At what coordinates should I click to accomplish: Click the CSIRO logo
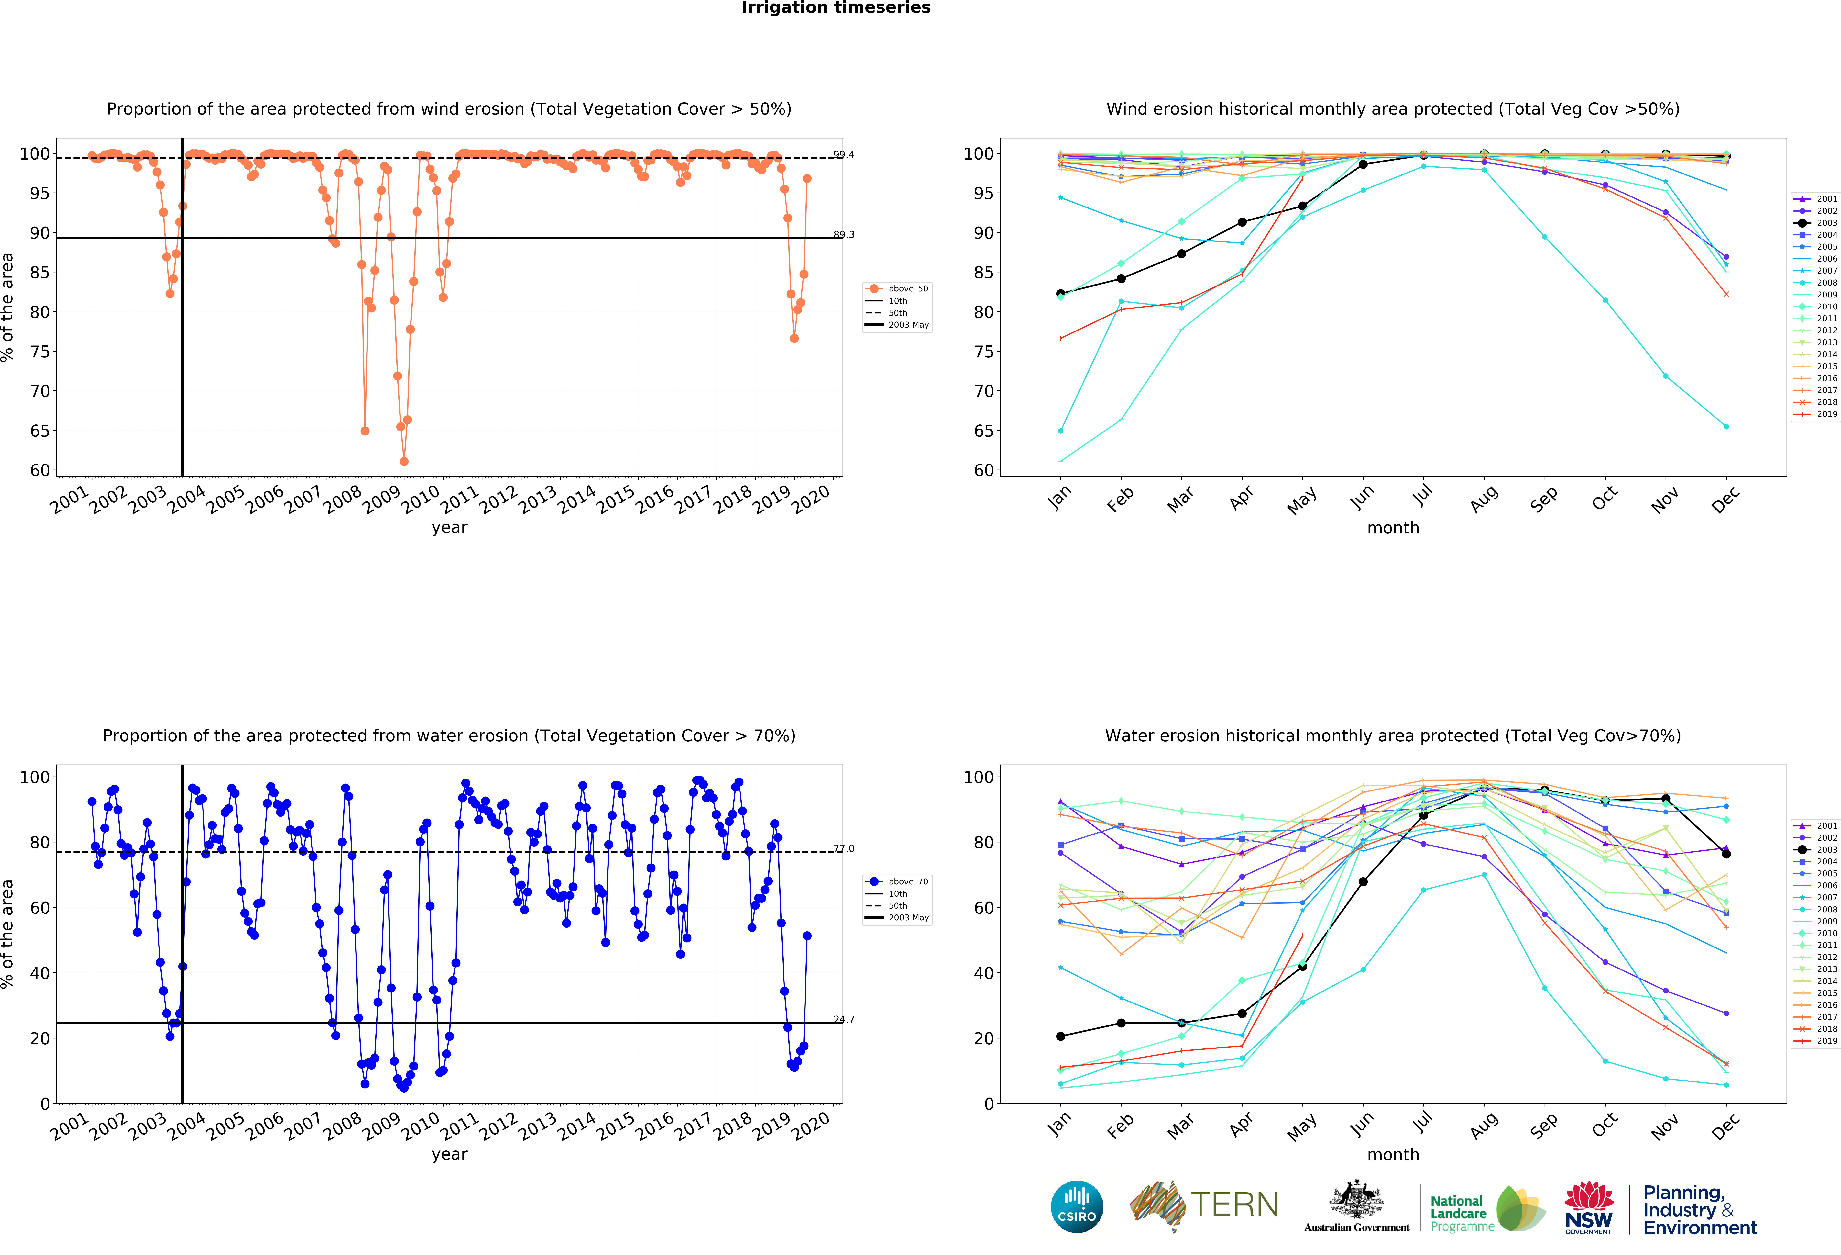(1077, 1207)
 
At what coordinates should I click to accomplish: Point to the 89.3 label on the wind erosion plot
(844, 235)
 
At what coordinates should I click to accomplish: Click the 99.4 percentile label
(844, 154)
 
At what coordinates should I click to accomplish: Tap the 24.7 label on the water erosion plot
(844, 1019)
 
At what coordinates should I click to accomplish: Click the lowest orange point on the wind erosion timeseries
(404, 461)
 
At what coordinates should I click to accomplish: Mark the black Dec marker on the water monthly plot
(1726, 854)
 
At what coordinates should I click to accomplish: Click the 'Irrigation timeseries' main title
(836, 8)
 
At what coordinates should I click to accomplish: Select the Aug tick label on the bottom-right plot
(1483, 1125)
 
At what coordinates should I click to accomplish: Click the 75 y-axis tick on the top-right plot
(982, 352)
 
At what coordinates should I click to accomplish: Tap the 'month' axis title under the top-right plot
(1393, 528)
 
